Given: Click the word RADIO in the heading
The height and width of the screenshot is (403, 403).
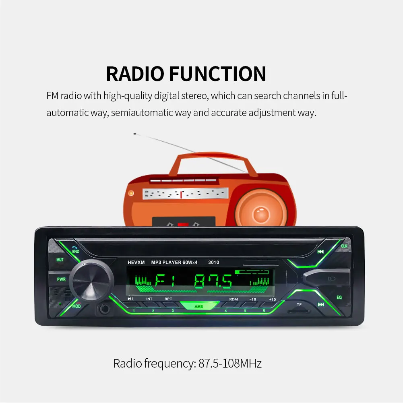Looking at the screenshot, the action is [x=135, y=74].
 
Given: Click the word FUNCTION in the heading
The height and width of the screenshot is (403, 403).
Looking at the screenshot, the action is [x=218, y=74].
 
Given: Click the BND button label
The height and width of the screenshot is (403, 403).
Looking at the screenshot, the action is [x=76, y=251].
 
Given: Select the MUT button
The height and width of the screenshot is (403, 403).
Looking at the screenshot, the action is [x=60, y=260].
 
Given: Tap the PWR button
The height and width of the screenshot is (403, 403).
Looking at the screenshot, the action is [x=61, y=279].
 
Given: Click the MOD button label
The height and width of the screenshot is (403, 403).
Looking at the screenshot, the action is [x=76, y=306].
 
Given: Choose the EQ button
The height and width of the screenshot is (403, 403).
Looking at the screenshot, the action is [x=339, y=298].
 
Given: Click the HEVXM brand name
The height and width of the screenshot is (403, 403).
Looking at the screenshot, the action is [x=136, y=262].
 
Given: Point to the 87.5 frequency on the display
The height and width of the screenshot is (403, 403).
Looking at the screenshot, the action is [x=213, y=281].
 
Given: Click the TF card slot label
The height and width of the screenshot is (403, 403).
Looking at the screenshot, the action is [x=299, y=304].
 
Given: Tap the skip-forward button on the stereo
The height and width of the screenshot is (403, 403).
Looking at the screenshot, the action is [x=321, y=304].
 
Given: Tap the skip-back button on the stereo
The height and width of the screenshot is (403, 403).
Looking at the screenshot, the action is [x=320, y=252].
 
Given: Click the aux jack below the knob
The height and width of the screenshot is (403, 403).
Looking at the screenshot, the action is [x=105, y=309].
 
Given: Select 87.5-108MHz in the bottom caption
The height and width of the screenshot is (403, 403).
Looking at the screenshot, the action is [x=230, y=364].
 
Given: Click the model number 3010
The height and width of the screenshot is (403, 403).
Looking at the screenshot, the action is [x=214, y=262].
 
